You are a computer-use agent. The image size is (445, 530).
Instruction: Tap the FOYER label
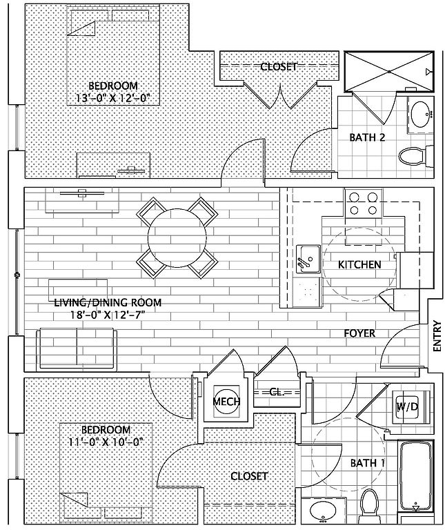click(x=360, y=334)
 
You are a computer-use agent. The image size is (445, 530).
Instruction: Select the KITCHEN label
click(x=359, y=265)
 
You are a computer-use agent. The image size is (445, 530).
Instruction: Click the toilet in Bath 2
click(x=413, y=156)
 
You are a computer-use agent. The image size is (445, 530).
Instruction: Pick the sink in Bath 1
click(x=322, y=512)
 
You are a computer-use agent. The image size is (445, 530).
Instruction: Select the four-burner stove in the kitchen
click(x=363, y=204)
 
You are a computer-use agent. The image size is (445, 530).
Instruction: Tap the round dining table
click(x=177, y=235)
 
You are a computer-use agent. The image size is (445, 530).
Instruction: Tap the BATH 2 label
click(x=367, y=137)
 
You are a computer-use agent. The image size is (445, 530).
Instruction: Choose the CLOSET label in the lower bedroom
click(x=249, y=476)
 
